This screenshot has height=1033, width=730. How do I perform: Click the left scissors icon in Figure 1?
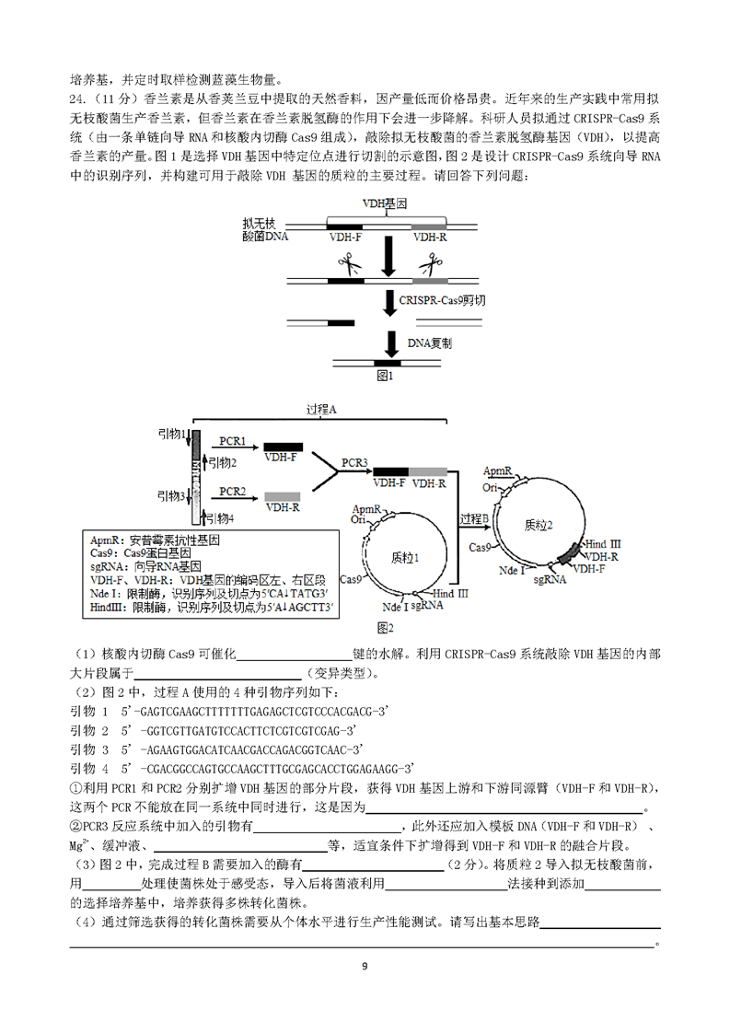click(350, 264)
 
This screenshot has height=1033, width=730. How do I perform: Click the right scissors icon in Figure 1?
click(432, 264)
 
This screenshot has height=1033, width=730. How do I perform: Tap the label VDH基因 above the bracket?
click(385, 203)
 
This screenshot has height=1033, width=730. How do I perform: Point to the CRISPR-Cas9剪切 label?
click(442, 300)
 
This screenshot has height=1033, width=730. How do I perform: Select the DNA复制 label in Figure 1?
click(430, 343)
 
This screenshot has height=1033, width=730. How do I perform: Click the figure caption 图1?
click(385, 376)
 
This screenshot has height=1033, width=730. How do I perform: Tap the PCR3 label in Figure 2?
click(354, 463)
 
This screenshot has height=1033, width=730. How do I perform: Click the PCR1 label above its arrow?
click(232, 441)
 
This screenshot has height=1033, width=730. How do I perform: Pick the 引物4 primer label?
click(220, 519)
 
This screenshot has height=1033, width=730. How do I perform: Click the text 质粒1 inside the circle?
click(404, 558)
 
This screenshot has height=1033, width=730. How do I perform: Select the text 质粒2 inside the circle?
click(539, 525)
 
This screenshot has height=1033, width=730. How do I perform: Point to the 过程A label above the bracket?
click(321, 410)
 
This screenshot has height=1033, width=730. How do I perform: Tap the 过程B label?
click(474, 519)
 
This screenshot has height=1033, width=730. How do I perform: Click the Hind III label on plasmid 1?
click(451, 594)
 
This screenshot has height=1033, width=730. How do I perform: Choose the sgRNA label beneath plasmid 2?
click(550, 580)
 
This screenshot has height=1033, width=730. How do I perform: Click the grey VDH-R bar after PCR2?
click(283, 497)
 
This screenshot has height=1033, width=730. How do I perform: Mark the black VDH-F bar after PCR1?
click(284, 447)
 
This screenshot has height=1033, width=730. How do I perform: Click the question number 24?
click(77, 99)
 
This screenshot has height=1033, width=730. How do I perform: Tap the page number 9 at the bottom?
click(365, 967)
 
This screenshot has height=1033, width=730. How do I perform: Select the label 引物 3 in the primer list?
click(89, 749)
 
